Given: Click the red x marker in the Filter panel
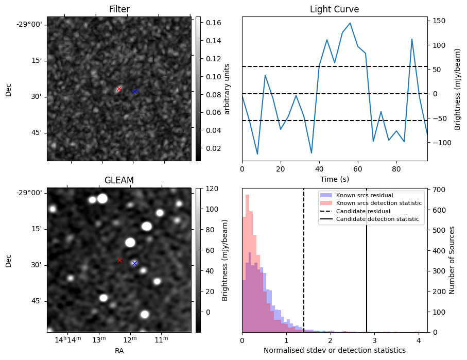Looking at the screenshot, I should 119,89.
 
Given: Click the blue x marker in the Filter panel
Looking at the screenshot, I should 134,91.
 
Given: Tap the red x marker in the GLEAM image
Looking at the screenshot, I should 119,260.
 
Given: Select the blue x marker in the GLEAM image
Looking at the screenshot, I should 134,263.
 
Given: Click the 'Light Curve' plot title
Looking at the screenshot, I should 334,9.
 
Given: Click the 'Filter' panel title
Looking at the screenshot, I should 119,9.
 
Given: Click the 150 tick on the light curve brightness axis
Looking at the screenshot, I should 439,21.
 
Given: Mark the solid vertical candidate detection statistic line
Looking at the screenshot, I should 367,268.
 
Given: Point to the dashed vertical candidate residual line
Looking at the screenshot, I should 304,268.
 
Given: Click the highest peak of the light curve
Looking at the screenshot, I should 350,23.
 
